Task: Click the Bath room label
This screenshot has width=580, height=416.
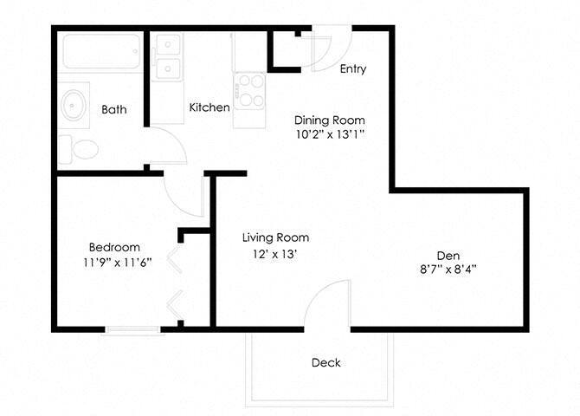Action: pyautogui.click(x=114, y=109)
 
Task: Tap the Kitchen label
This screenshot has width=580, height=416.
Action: pyautogui.click(x=209, y=107)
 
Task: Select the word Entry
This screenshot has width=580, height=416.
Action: pyautogui.click(x=353, y=68)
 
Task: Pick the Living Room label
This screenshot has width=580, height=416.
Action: pyautogui.click(x=275, y=237)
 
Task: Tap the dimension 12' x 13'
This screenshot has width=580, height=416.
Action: pyautogui.click(x=275, y=254)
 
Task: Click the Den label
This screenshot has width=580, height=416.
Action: pyautogui.click(x=448, y=255)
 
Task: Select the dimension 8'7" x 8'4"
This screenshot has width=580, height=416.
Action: pyautogui.click(x=448, y=270)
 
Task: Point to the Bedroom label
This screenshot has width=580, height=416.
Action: pyautogui.click(x=114, y=247)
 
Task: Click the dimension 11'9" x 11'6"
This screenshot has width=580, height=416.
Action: pyautogui.click(x=114, y=263)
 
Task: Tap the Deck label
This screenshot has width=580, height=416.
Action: pyautogui.click(x=326, y=363)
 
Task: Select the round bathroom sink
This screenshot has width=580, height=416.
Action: pyautogui.click(x=75, y=104)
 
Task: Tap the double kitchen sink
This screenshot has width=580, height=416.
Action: pyautogui.click(x=167, y=56)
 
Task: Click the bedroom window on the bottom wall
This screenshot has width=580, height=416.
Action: pyautogui.click(x=132, y=328)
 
